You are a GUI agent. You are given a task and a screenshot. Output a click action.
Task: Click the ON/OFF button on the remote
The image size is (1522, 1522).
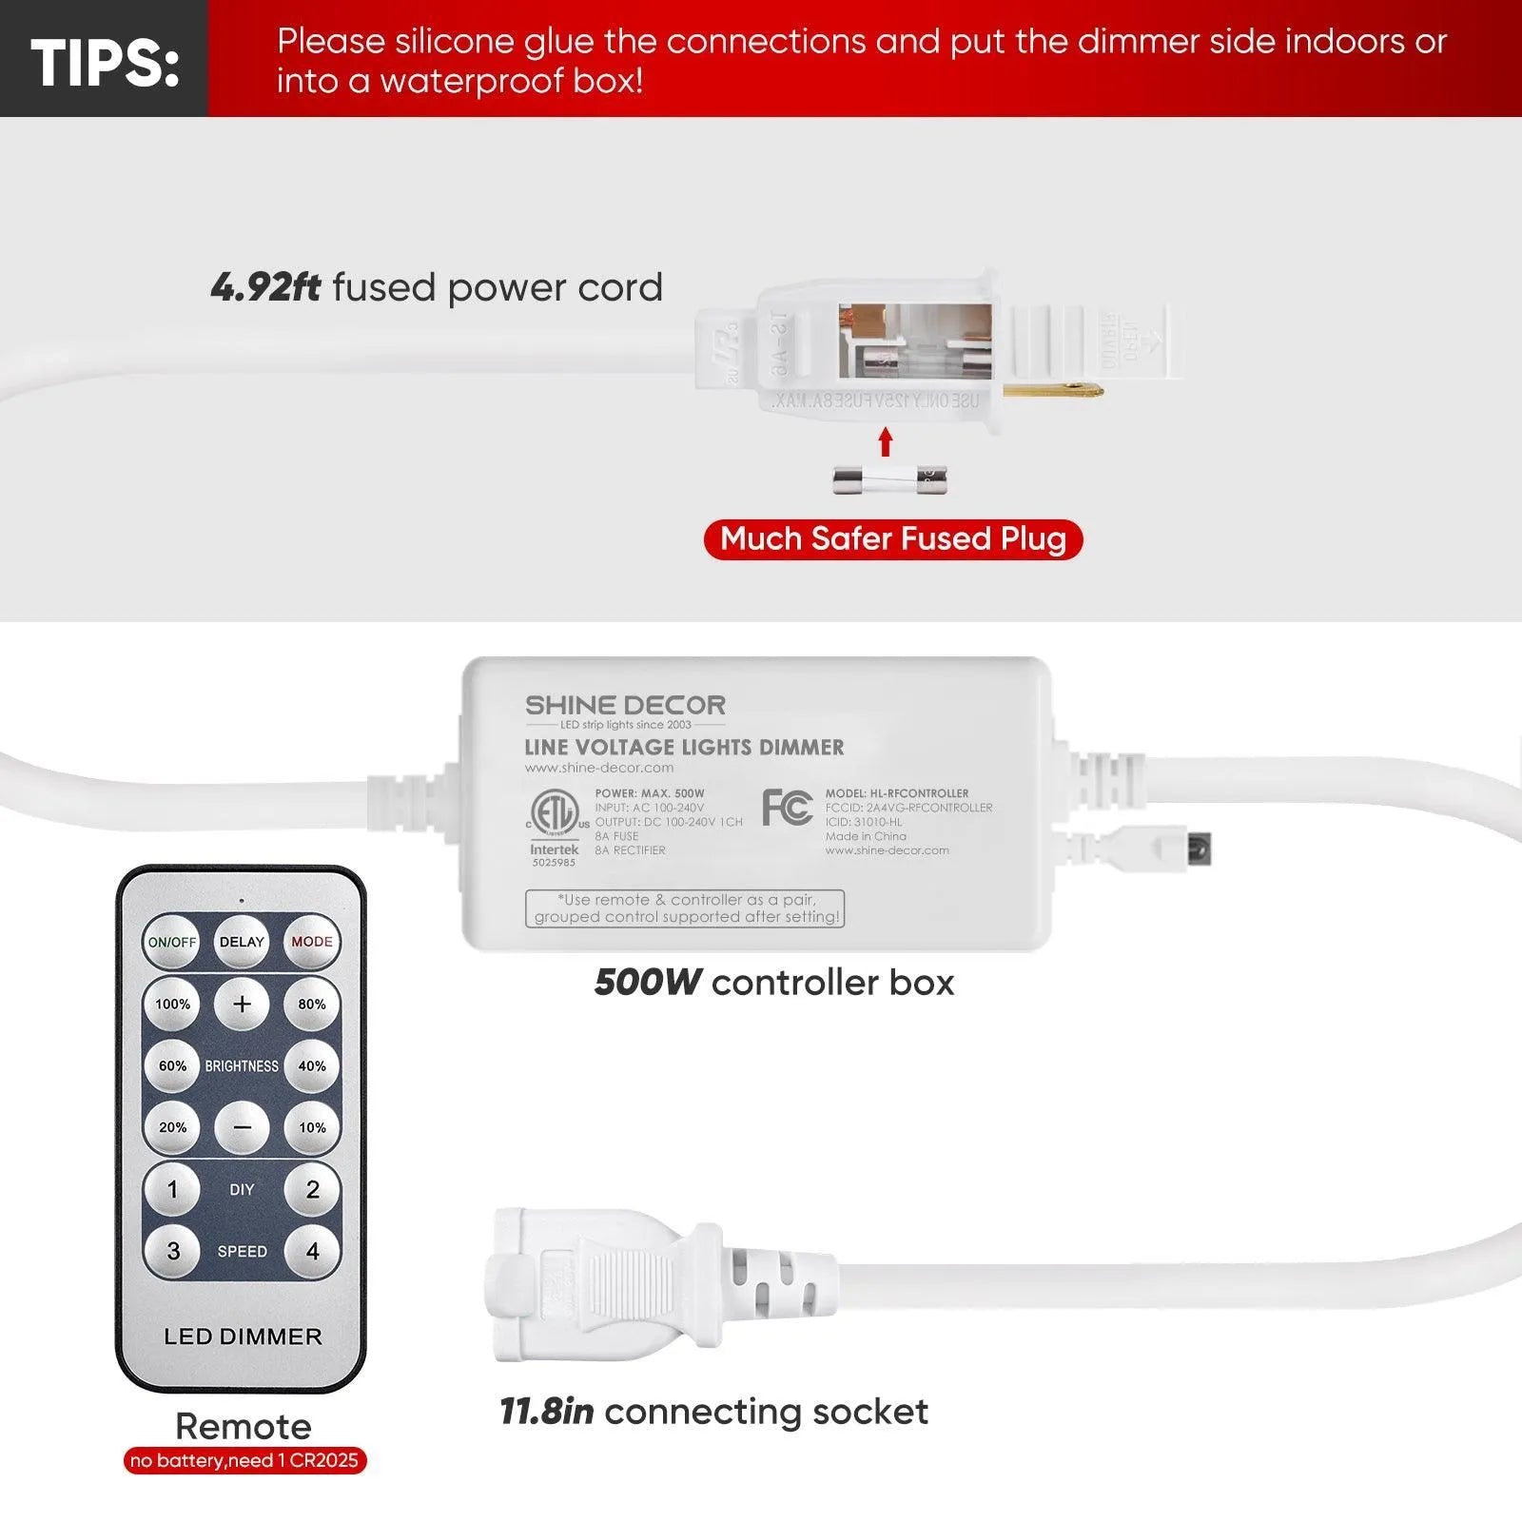[x=172, y=942]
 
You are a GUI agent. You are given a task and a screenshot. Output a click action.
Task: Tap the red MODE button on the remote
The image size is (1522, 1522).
[x=312, y=942]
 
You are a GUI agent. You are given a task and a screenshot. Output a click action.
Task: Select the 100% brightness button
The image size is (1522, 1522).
[x=172, y=1004]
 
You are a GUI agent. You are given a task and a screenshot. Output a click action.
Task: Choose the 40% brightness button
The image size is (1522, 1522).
[x=312, y=1065]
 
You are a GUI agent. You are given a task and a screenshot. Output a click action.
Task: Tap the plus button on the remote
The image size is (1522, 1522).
[x=243, y=1004]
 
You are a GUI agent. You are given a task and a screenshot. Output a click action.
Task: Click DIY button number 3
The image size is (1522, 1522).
[x=172, y=1251]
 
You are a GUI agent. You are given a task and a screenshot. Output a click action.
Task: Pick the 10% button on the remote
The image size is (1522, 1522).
[x=312, y=1127]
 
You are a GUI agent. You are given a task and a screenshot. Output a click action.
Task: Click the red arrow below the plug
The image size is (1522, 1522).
[x=886, y=441]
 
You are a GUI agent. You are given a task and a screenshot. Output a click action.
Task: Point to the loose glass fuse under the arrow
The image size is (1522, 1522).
[x=890, y=479]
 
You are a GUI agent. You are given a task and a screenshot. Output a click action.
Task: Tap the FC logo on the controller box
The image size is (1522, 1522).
[x=787, y=808]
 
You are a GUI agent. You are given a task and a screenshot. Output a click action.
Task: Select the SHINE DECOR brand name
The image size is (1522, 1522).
[x=625, y=706]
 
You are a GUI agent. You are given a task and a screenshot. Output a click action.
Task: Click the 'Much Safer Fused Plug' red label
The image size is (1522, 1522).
[x=893, y=539]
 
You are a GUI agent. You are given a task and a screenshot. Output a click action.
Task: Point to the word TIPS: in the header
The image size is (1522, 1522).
[x=105, y=63]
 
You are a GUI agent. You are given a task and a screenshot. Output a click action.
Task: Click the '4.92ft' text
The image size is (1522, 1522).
[x=265, y=287]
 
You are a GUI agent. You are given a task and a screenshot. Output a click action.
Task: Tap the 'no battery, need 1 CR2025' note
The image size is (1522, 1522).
[x=244, y=1460]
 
